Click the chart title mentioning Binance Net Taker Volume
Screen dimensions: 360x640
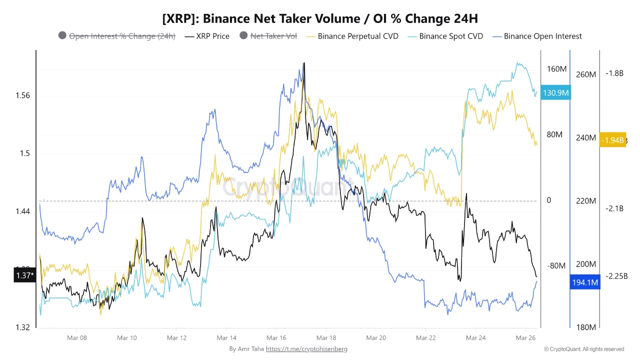tap(320, 19)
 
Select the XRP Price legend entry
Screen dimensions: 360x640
tap(207, 36)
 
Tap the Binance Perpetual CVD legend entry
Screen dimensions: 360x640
tap(352, 36)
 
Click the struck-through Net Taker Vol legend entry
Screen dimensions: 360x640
tap(268, 36)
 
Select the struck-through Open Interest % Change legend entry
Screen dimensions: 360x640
tap(117, 36)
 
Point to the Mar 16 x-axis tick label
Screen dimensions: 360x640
tap(276, 338)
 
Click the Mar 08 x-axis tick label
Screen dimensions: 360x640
tap(77, 338)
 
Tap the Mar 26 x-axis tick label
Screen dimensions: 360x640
tap(525, 338)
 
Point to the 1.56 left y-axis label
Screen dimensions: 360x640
tap(22, 95)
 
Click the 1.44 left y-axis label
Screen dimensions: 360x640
tap(22, 211)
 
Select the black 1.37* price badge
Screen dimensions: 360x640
tap(24, 275)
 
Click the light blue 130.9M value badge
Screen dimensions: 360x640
tap(556, 93)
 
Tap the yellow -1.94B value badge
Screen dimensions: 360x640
tap(612, 140)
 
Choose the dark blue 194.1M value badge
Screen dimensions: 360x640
tap(584, 283)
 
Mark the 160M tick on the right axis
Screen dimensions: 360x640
tap(556, 69)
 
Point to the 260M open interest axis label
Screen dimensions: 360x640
tap(586, 74)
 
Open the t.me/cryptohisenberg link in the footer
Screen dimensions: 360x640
tap(306, 349)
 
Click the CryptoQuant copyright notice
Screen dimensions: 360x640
tap(584, 349)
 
